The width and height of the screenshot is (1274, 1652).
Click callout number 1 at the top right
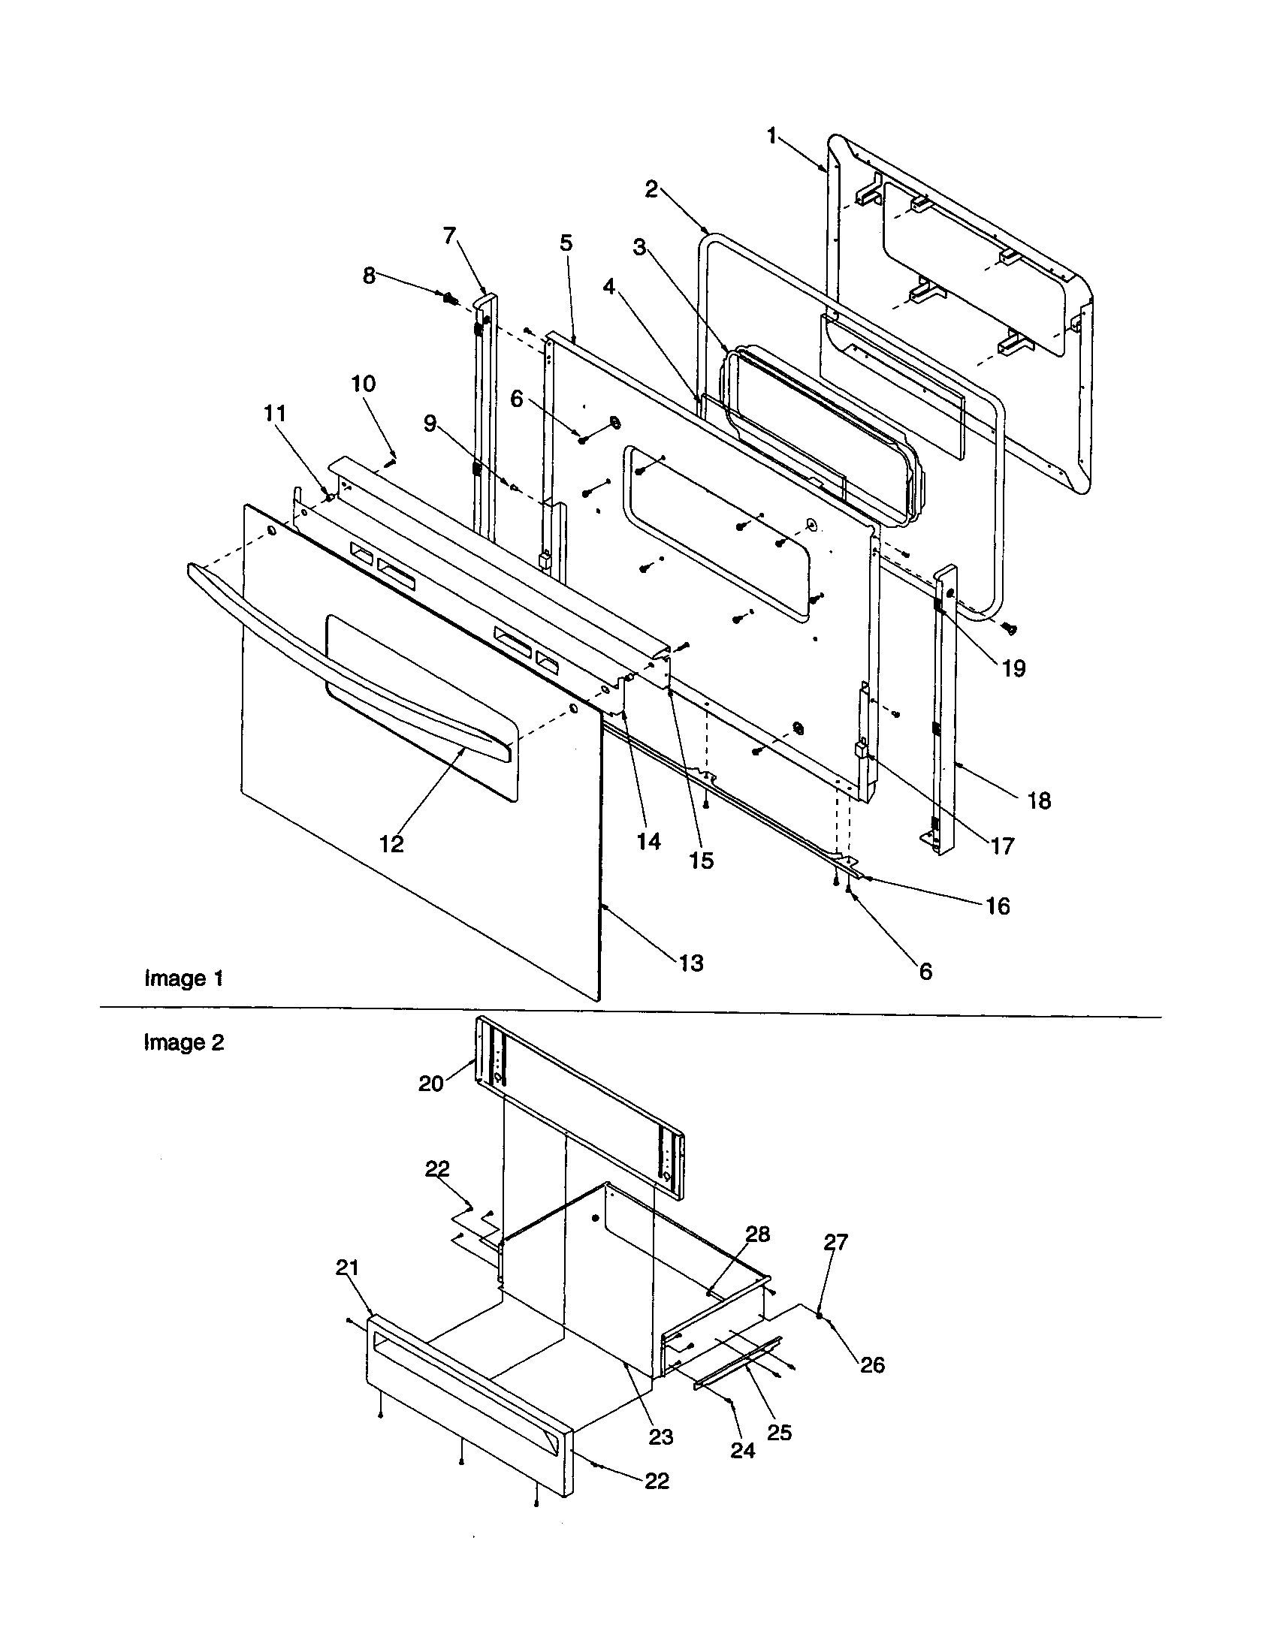pyautogui.click(x=771, y=136)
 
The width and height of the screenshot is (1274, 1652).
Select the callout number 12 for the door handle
pyautogui.click(x=391, y=844)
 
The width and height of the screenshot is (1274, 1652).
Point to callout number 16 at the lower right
pyautogui.click(x=998, y=906)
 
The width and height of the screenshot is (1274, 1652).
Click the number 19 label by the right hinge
pyautogui.click(x=1013, y=668)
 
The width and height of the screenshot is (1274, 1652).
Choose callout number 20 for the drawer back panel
pyautogui.click(x=430, y=1083)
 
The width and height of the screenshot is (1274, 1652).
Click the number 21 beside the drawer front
pyautogui.click(x=347, y=1267)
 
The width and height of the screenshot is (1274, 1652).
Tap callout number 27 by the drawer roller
pyautogui.click(x=836, y=1242)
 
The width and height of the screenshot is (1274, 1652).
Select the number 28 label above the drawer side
pyautogui.click(x=757, y=1234)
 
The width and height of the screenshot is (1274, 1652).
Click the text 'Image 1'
pyautogui.click(x=184, y=978)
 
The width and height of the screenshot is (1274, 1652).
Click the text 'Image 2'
pyautogui.click(x=184, y=1042)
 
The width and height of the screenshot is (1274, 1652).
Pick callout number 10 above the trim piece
pyautogui.click(x=363, y=384)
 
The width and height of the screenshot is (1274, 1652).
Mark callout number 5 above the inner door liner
pyautogui.click(x=566, y=243)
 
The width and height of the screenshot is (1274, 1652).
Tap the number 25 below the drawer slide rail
pyautogui.click(x=779, y=1432)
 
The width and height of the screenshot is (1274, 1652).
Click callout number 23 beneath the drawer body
pyautogui.click(x=660, y=1436)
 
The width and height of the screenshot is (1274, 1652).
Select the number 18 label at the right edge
pyautogui.click(x=1039, y=801)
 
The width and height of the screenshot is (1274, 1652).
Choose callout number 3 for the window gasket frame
pyautogui.click(x=640, y=248)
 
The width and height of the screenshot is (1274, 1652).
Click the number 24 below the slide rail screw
pyautogui.click(x=742, y=1450)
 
